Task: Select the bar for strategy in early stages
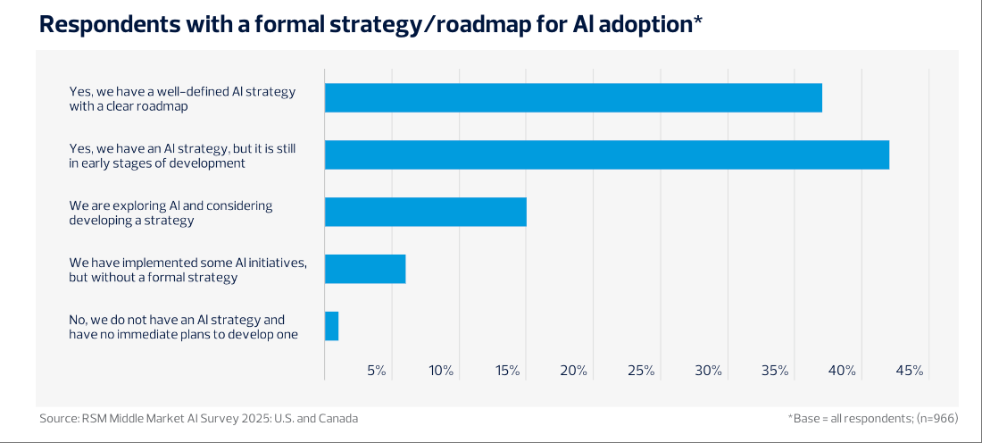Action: point(607,155)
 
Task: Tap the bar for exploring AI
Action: point(425,212)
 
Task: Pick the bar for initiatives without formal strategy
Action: point(365,269)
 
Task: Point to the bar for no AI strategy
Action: point(331,326)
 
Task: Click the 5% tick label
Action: point(376,371)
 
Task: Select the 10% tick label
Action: point(441,371)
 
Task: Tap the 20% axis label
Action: point(575,371)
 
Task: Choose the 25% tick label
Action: point(641,371)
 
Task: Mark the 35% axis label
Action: point(775,371)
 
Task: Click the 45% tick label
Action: point(909,371)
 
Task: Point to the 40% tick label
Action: point(842,371)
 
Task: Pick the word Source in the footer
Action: point(57,418)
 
